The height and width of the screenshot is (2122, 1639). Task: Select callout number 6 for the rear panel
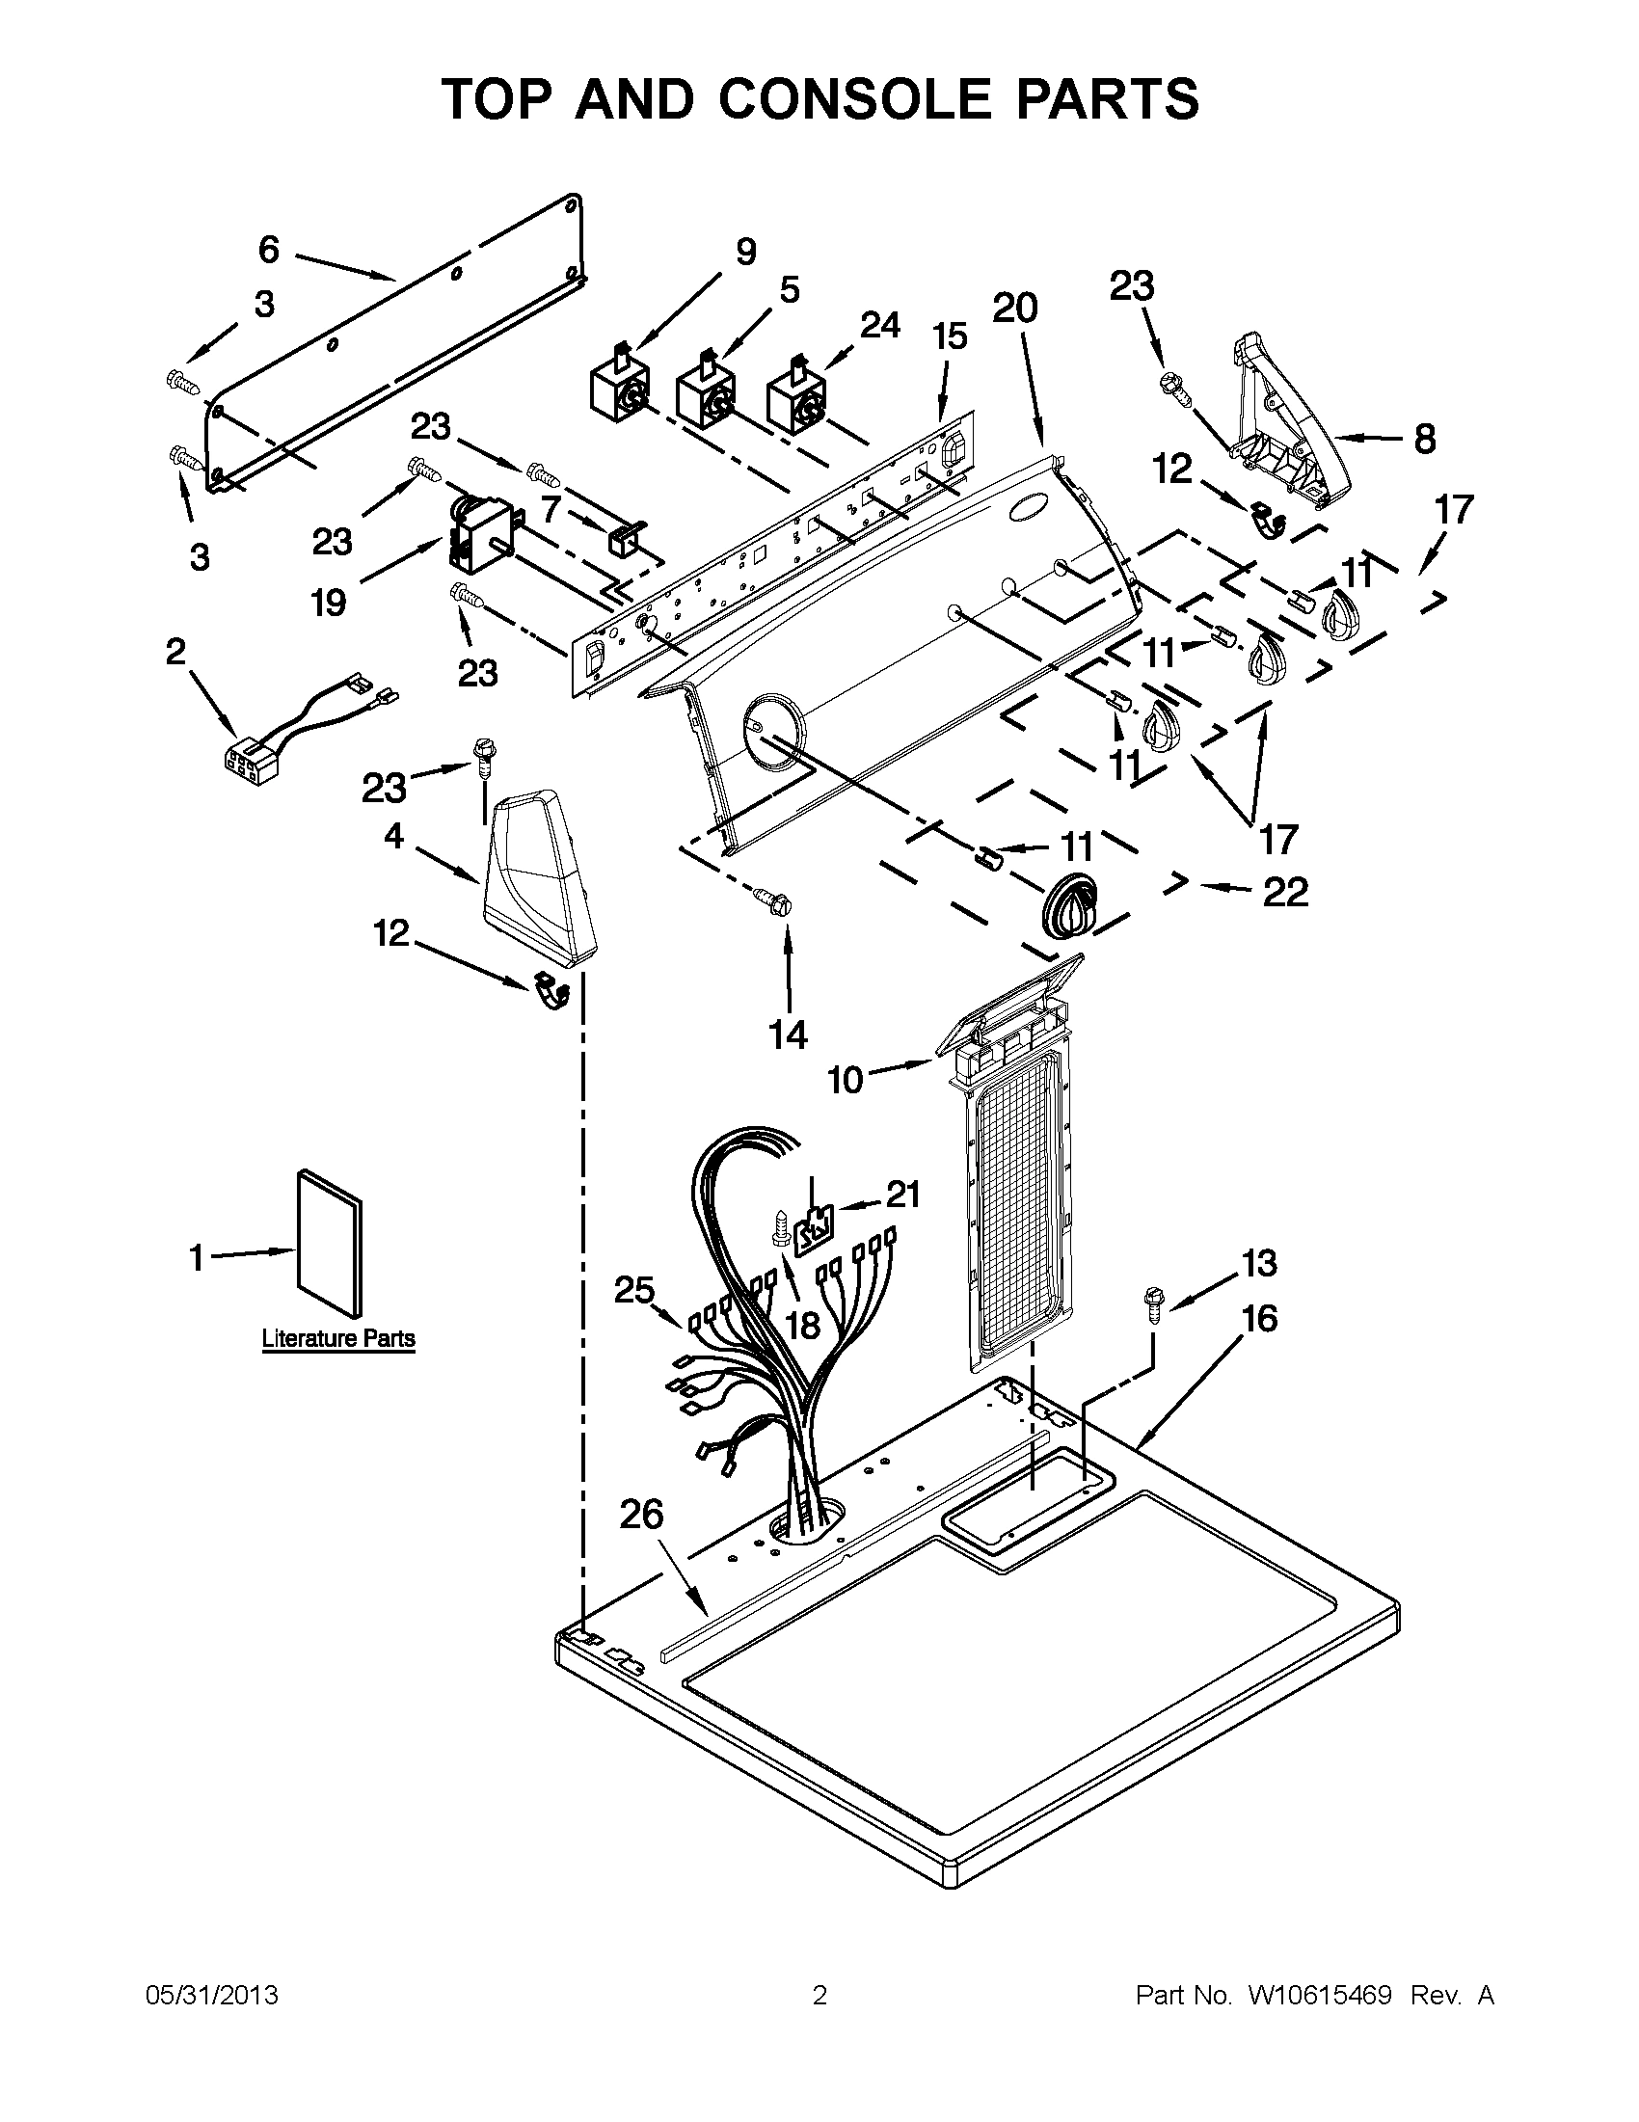(x=269, y=251)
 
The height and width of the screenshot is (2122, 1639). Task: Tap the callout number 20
(x=1014, y=308)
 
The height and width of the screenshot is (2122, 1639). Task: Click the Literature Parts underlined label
(x=338, y=1339)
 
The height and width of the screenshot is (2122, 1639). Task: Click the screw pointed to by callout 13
(x=1154, y=1299)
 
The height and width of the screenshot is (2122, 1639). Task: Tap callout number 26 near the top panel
(x=641, y=1515)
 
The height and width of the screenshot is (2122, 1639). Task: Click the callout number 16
(x=1260, y=1320)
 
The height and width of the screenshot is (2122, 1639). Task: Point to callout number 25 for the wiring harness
(x=634, y=1289)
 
